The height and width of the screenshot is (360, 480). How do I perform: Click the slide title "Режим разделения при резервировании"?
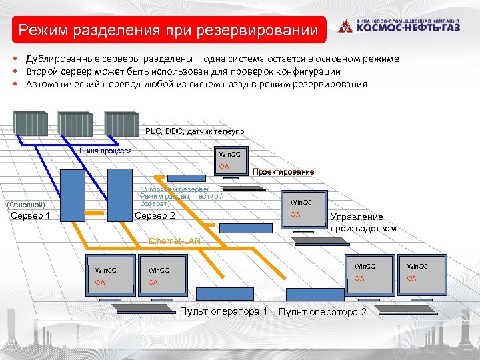pyautogui.click(x=168, y=30)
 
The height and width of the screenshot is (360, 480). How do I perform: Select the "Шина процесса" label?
pyautogui.click(x=105, y=151)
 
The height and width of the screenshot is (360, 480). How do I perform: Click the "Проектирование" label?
pyautogui.click(x=283, y=172)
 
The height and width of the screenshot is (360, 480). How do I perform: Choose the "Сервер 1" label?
pyautogui.click(x=30, y=215)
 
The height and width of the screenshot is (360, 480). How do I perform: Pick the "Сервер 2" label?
pyautogui.click(x=155, y=215)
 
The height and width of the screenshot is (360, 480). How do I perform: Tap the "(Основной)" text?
pyautogui.click(x=25, y=204)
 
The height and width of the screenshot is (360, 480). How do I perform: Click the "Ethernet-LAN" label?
pyautogui.click(x=174, y=240)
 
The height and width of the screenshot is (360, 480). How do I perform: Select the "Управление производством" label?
pyautogui.click(x=363, y=223)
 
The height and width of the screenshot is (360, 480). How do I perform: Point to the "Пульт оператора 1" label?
pyautogui.click(x=224, y=311)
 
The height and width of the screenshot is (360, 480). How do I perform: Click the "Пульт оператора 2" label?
pyautogui.click(x=322, y=312)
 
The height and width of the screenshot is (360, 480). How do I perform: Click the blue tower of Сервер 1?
pyautogui.click(x=71, y=194)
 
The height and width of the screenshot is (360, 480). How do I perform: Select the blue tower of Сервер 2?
pyautogui.click(x=119, y=193)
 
